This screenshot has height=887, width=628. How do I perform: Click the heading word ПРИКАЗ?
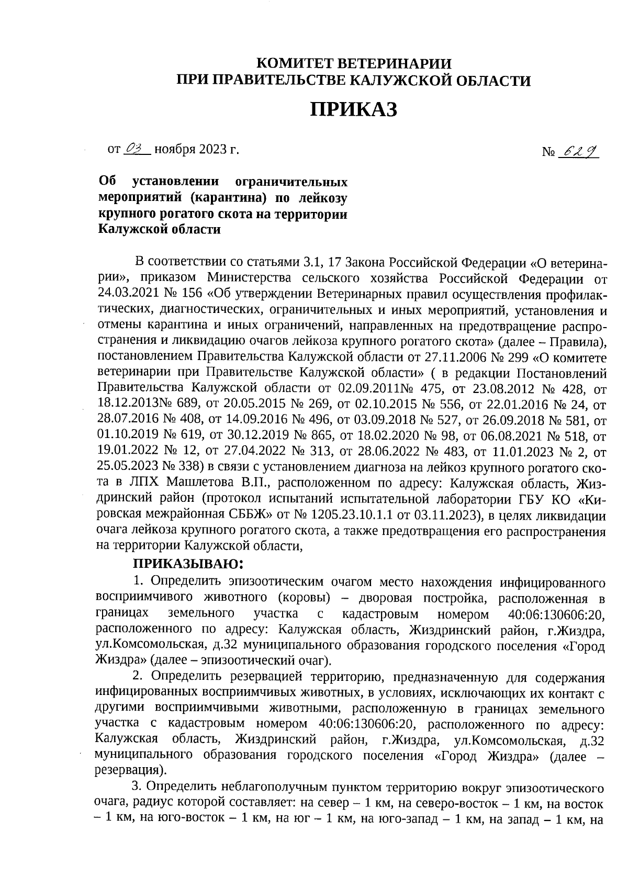tap(354, 109)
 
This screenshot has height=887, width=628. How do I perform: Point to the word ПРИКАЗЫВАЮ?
tap(188, 565)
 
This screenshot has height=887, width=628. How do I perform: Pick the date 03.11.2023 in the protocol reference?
tap(450, 514)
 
